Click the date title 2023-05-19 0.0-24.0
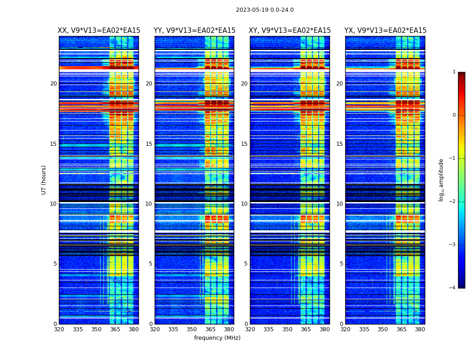pos(265,10)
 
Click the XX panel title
pos(99,31)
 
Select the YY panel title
pos(195,31)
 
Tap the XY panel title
pos(290,31)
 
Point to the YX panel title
pos(385,31)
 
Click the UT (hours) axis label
pos(44,180)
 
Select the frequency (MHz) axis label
pos(217,338)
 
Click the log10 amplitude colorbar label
pos(441,180)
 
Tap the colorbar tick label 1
pos(454,72)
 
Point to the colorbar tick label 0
pos(454,115)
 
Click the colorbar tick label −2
pos(453,202)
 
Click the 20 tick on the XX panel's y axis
pos(53,84)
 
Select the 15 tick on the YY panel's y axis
pos(149,144)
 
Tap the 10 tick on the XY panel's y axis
pos(244,204)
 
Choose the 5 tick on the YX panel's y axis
pos(342,264)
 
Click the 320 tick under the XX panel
pos(59,329)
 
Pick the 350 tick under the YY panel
pos(192,329)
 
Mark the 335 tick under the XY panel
pos(268,329)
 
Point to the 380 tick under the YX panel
pos(420,329)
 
